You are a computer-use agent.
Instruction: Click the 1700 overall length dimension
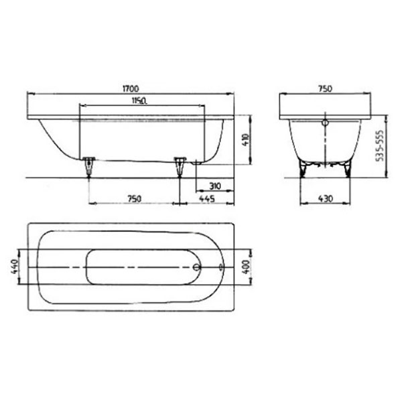pyautogui.click(x=131, y=88)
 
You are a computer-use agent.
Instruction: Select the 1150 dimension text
pyautogui.click(x=139, y=100)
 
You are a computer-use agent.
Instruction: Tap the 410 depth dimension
pyautogui.click(x=246, y=140)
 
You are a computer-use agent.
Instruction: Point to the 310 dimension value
pyautogui.click(x=215, y=186)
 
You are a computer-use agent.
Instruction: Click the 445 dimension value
pyautogui.click(x=207, y=199)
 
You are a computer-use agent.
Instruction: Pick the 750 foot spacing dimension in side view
pyautogui.click(x=134, y=199)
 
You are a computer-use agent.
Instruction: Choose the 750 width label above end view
pyautogui.click(x=325, y=88)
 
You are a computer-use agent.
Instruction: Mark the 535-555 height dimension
pyautogui.click(x=380, y=145)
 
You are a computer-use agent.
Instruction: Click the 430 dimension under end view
pyautogui.click(x=326, y=199)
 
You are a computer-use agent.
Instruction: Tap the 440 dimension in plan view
pyautogui.click(x=15, y=267)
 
